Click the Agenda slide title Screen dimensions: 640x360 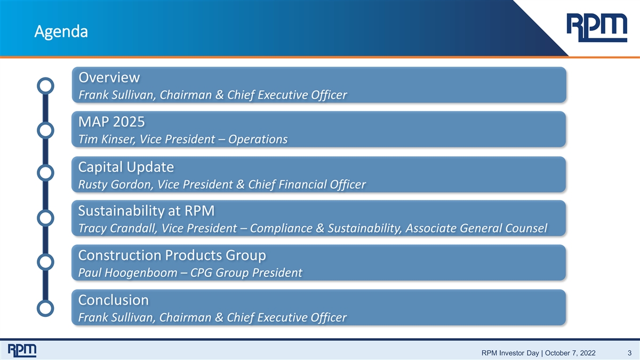tap(61, 31)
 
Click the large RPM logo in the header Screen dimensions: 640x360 tap(597, 28)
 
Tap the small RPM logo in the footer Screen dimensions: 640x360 tap(22, 350)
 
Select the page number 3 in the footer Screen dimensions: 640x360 tap(629, 353)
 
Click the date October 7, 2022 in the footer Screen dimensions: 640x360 tap(570, 353)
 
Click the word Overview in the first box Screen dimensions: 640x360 tap(109, 77)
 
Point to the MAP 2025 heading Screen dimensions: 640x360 tap(111, 122)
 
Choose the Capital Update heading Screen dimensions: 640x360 tap(126, 167)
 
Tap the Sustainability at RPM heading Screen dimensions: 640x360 tap(146, 211)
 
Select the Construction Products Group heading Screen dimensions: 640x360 tap(172, 255)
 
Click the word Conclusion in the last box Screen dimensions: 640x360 tap(114, 300)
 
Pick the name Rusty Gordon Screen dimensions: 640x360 tap(115, 185)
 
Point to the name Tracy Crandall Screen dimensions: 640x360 tap(117, 228)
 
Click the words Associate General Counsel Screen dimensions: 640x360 tap(476, 228)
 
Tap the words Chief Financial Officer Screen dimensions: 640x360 tap(307, 185)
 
